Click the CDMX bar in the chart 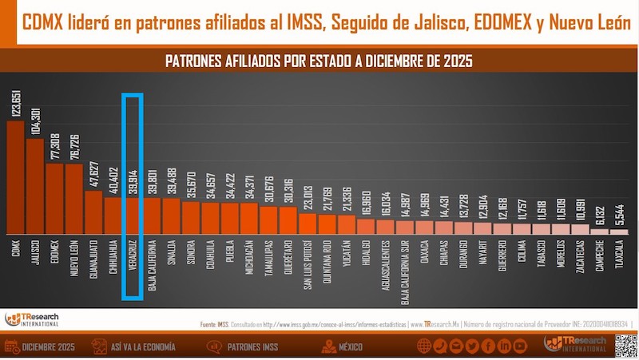click(15, 176)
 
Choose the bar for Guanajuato click(93, 211)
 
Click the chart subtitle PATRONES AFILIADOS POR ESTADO click(319, 61)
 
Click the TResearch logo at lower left click(32, 318)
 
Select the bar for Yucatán click(347, 224)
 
